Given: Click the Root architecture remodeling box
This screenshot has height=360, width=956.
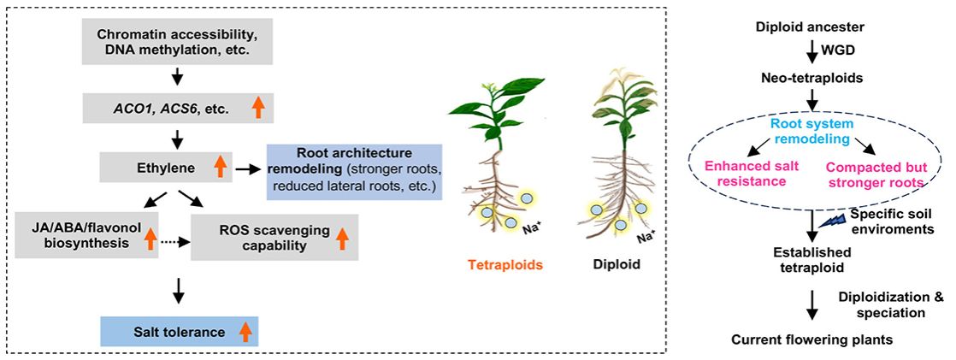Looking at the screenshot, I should point(353,169).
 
